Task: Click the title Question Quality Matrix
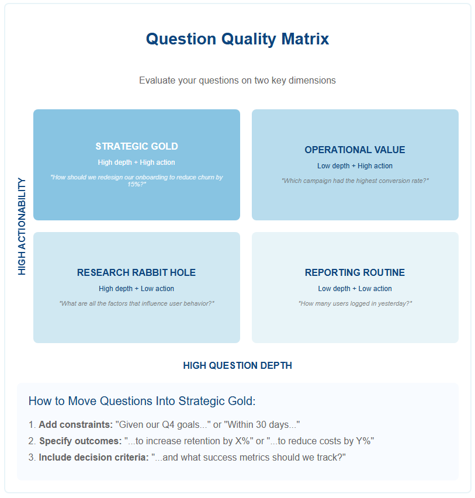(x=237, y=39)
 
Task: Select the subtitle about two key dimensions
(x=237, y=80)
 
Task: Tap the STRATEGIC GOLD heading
(x=137, y=146)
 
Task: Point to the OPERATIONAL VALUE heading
(x=355, y=150)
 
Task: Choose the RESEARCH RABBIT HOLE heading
(x=137, y=272)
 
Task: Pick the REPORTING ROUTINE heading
(x=355, y=272)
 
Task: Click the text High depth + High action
(x=137, y=162)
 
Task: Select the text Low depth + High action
(x=355, y=166)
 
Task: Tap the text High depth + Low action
(x=137, y=289)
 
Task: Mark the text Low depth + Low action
(x=355, y=289)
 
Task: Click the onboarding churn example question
(x=137, y=181)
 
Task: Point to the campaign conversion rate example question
(x=355, y=181)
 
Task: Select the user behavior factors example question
(x=137, y=303)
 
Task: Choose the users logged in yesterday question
(x=355, y=303)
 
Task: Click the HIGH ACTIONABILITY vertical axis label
(x=22, y=226)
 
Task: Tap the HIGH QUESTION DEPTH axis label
(x=237, y=365)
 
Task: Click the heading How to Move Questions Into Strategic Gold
(x=142, y=401)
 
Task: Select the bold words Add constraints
(x=75, y=424)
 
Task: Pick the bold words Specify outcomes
(x=80, y=441)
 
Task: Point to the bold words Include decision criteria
(x=93, y=457)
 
